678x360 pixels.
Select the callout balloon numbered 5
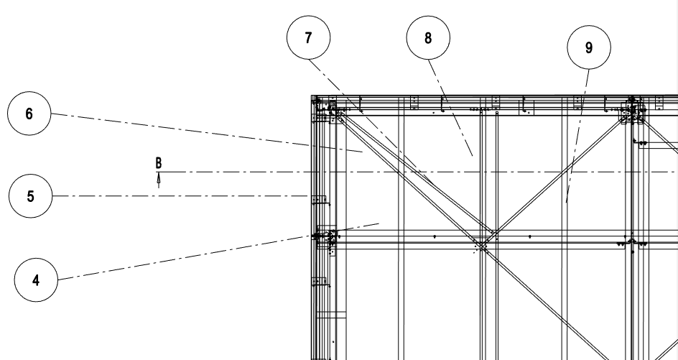[30, 196]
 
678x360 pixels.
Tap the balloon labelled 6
[29, 115]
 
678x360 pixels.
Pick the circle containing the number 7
[308, 38]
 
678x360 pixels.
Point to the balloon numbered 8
[428, 38]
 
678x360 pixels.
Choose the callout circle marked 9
[589, 48]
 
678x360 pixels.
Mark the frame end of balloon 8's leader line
[472, 155]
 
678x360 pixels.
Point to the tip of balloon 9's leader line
[567, 203]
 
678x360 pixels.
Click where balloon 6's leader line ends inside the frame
[361, 152]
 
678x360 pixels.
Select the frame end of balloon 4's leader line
[379, 223]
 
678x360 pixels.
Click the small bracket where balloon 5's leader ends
[319, 198]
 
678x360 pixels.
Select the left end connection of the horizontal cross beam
[327, 237]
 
